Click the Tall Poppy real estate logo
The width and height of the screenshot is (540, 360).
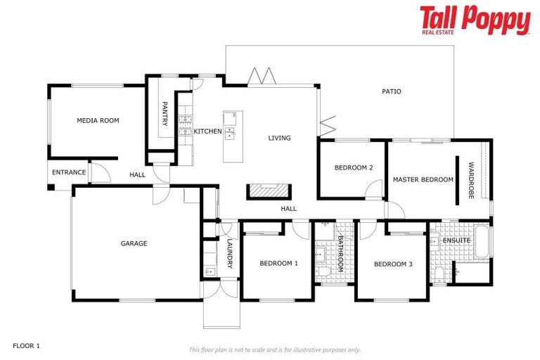point(475,20)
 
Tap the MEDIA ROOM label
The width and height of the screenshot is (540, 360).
point(98,121)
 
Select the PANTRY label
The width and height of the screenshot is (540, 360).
point(165,114)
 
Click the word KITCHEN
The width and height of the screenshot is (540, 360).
point(208,131)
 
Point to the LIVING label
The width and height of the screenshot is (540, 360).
point(279,138)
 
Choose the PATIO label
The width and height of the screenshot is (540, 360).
point(392,91)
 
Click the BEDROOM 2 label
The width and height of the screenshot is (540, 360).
point(354,167)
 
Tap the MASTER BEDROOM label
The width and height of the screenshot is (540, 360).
point(423,180)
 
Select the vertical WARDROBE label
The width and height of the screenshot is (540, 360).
point(471,181)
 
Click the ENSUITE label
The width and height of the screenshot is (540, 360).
point(456,240)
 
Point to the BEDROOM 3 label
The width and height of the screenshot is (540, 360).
point(393,264)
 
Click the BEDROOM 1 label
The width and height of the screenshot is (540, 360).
point(279,264)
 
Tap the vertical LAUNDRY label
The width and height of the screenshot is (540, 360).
point(229,253)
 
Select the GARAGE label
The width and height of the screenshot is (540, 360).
point(134,244)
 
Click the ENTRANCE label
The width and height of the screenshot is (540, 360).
point(69,172)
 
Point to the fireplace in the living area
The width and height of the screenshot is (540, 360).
point(268,191)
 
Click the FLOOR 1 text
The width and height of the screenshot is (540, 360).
point(27,346)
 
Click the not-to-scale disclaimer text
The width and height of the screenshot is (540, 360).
point(274,349)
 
